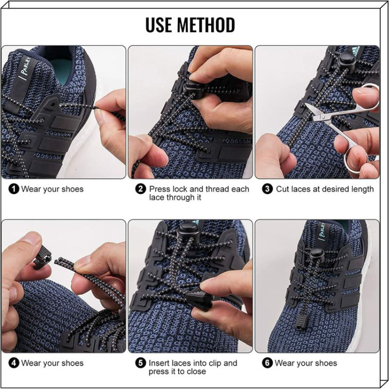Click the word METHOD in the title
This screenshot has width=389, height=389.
coord(206,25)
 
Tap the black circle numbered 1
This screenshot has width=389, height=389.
coord(14,189)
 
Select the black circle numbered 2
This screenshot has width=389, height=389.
coord(141,189)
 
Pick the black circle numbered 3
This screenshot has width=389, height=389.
coord(267,189)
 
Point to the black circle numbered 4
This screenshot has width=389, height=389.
coord(14,363)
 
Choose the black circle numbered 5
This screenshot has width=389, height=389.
coord(141,363)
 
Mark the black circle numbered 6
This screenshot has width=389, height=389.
coord(267,363)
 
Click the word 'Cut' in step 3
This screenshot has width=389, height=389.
coord(283,189)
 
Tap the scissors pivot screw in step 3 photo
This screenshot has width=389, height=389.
coord(322,116)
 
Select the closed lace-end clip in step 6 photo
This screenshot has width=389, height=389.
coord(301,321)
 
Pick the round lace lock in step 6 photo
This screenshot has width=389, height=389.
coord(318,254)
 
